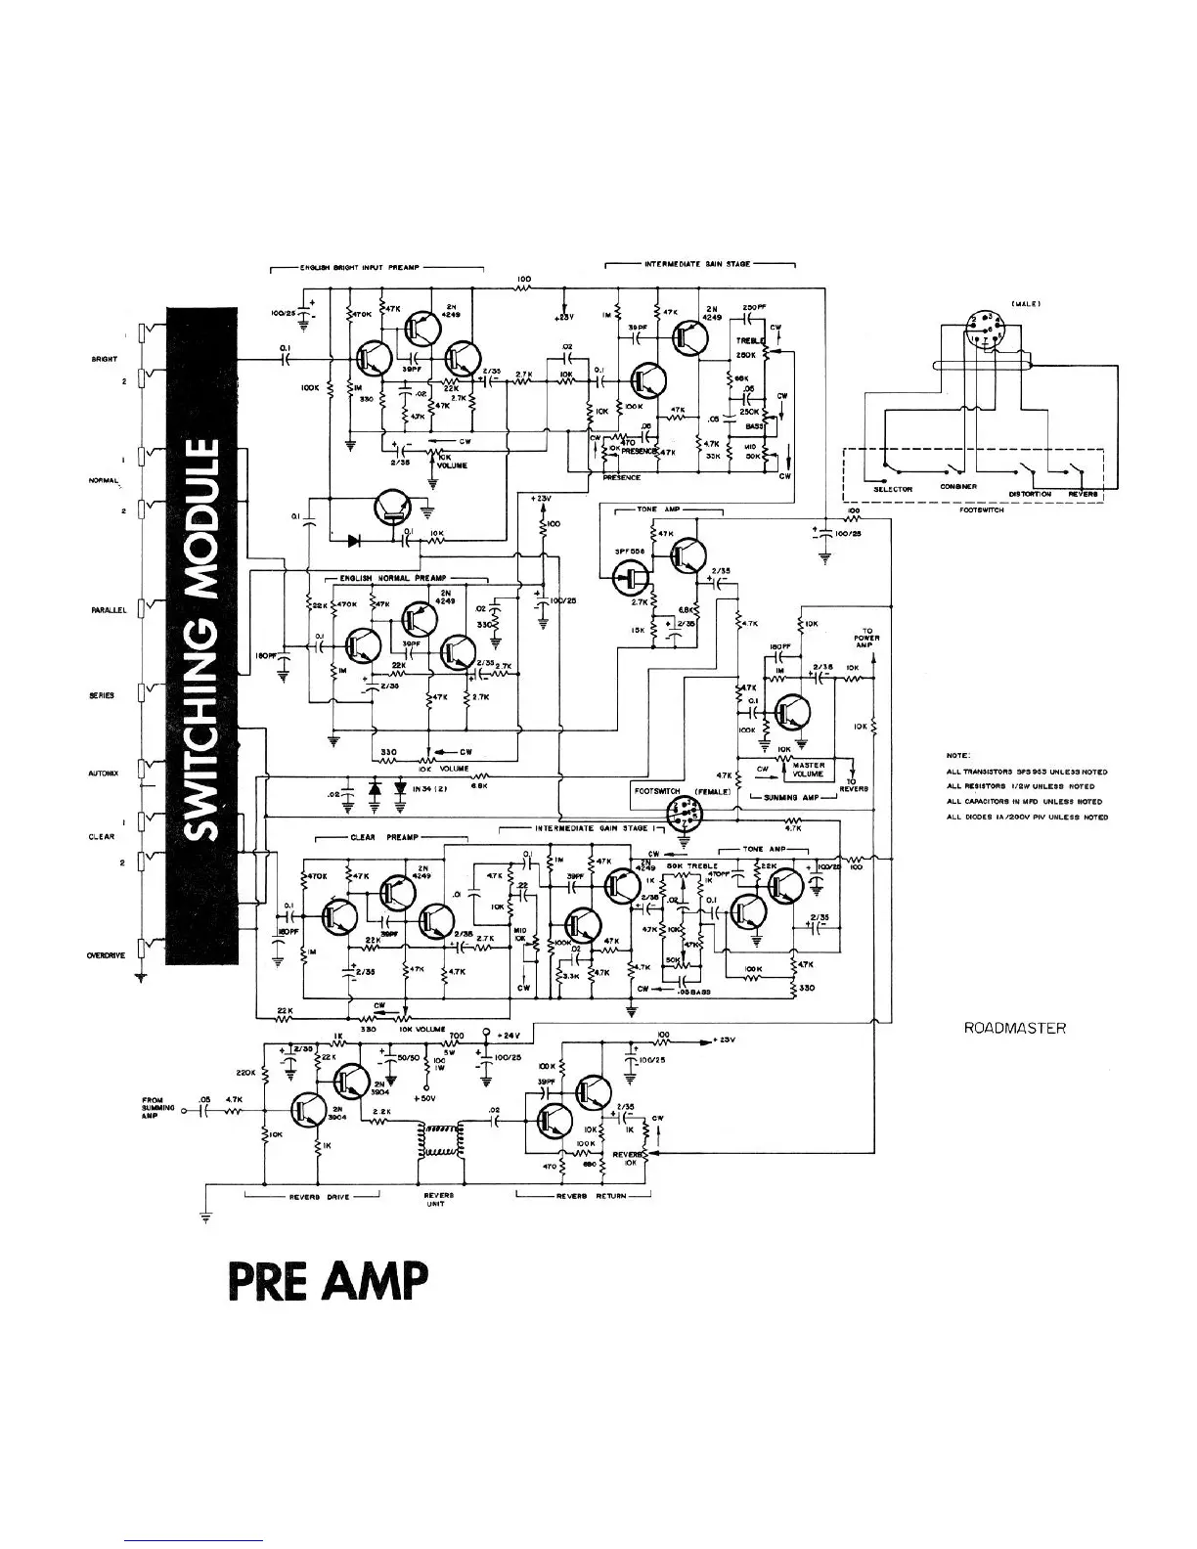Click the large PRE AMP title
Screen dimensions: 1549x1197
329,1281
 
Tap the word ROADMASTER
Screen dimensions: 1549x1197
1014,1028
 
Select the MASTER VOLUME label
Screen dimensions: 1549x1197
809,770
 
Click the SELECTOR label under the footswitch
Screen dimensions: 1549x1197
893,489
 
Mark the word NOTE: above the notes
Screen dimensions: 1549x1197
957,755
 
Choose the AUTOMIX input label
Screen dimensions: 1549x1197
103,774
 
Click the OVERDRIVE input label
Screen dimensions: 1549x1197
106,956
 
